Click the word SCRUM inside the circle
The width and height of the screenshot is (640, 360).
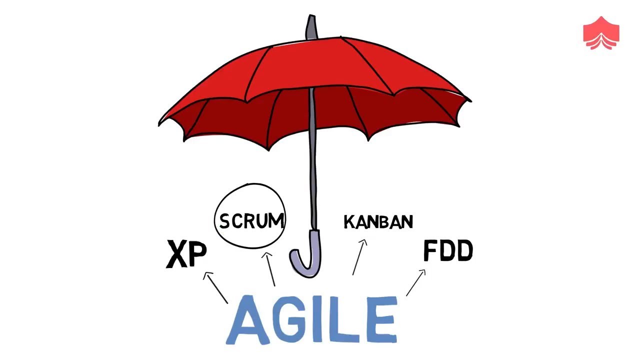click(x=251, y=220)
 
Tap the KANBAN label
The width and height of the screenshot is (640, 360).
click(x=378, y=222)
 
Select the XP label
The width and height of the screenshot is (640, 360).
click(x=186, y=254)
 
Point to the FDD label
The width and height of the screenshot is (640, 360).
click(x=448, y=251)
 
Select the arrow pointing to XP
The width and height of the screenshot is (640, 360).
click(x=215, y=287)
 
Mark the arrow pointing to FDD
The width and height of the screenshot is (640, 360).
click(x=415, y=283)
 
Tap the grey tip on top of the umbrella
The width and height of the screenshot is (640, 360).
click(x=311, y=27)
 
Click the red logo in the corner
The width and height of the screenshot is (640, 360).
click(x=601, y=33)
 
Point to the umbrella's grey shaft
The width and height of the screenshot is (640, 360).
click(x=313, y=160)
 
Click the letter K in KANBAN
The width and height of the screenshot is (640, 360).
click(x=349, y=222)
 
